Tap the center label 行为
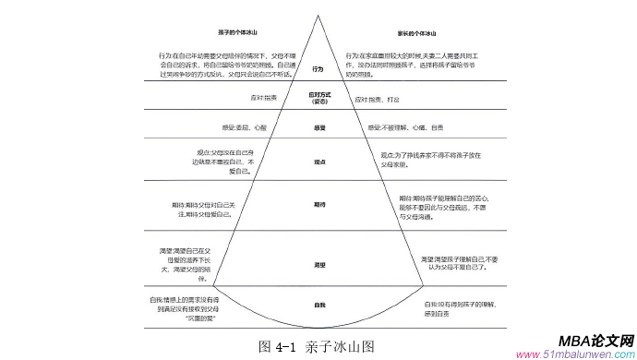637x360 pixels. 318,68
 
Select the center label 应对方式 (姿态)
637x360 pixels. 318,98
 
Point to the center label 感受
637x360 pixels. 318,127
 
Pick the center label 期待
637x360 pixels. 318,204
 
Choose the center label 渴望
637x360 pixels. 318,264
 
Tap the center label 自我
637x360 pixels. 318,304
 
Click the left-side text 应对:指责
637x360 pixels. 265,99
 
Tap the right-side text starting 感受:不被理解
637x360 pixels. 405,127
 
